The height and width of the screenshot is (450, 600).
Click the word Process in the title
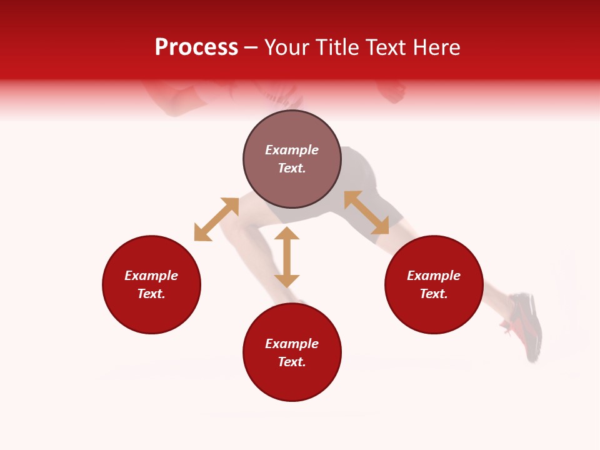coord(196,47)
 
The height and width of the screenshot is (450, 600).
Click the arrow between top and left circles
coord(216,219)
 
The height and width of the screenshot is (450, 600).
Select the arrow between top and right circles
coord(366,212)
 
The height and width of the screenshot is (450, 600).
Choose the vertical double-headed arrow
coord(287,257)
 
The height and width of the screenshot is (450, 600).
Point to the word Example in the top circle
coord(292,150)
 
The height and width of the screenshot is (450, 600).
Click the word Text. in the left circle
coord(151,294)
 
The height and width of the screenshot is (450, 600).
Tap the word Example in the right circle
coord(434,276)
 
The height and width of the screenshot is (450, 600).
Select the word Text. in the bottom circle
coord(292,362)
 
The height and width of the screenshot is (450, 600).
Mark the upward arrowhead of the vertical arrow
coord(287,234)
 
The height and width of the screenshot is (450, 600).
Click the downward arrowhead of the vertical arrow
coord(287,281)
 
